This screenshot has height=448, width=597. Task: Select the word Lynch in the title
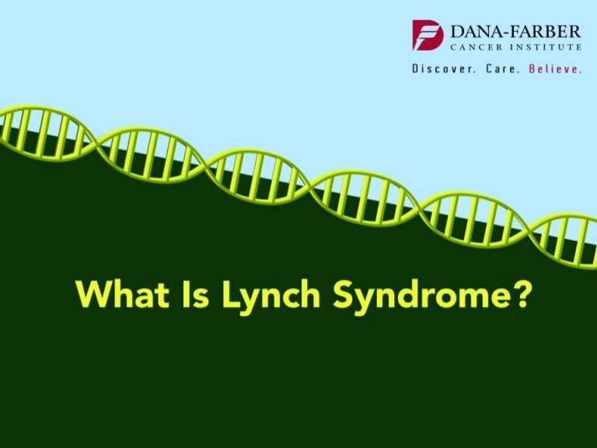pos(259,296)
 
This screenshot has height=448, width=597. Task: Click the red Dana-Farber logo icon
pos(428,35)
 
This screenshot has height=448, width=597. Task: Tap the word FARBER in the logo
pos(543,32)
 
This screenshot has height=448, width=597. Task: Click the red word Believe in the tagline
pos(554,69)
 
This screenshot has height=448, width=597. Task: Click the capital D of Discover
pos(416,69)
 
